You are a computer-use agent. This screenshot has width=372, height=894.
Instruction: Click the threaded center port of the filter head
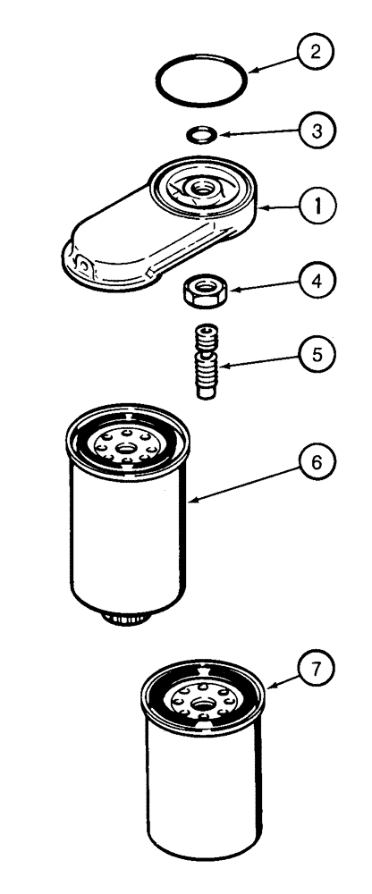click(208, 189)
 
